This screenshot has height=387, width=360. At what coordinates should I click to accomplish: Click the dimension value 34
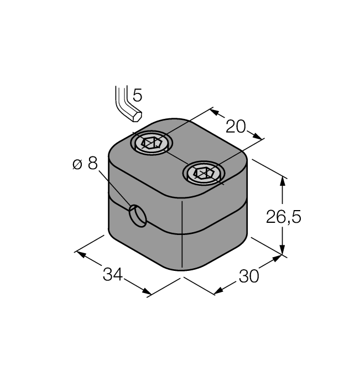pyautogui.click(x=113, y=274)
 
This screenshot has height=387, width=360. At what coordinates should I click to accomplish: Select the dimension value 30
pyautogui.click(x=249, y=276)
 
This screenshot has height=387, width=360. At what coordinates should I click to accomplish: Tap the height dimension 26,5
pyautogui.click(x=284, y=217)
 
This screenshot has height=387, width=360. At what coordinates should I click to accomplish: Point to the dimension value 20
pyautogui.click(x=236, y=127)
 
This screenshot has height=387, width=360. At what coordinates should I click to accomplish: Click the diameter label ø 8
pyautogui.click(x=85, y=163)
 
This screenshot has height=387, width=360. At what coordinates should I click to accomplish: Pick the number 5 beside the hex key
pyautogui.click(x=138, y=95)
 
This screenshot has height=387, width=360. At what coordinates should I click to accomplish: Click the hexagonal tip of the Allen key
pyautogui.click(x=137, y=117)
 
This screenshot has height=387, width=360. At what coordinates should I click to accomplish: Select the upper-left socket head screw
pyautogui.click(x=152, y=143)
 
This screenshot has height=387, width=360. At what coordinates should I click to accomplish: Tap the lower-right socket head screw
pyautogui.click(x=204, y=173)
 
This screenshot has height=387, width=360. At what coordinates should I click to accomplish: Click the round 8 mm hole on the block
pyautogui.click(x=138, y=216)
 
